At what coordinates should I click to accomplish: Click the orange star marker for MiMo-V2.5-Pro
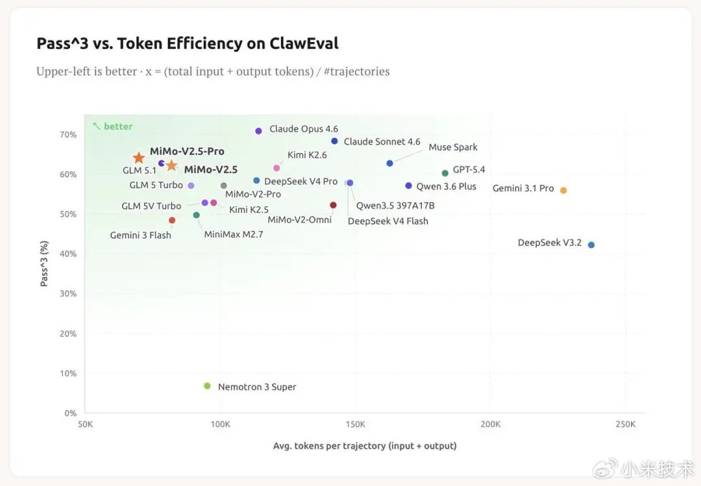(139, 158)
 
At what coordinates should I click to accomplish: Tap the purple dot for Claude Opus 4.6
(258, 131)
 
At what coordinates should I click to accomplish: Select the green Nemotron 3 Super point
(207, 386)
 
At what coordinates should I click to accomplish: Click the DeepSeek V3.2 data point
(591, 245)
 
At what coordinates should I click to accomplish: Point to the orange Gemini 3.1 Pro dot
(563, 190)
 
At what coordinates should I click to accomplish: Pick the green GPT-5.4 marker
(445, 173)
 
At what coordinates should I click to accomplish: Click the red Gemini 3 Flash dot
(172, 221)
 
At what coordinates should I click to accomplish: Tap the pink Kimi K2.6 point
(277, 168)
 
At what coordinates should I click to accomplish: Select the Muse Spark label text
(452, 147)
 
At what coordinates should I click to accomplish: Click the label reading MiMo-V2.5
(210, 170)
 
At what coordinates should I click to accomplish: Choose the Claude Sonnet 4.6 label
(382, 141)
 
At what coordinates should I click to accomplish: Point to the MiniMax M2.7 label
(234, 234)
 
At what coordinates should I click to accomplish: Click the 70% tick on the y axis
(68, 135)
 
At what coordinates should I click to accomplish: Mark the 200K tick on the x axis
(491, 424)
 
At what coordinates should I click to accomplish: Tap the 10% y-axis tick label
(68, 374)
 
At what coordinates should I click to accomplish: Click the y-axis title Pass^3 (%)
(44, 264)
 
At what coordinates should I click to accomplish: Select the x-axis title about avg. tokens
(365, 446)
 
